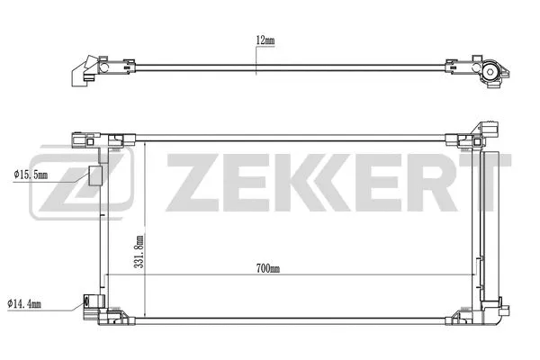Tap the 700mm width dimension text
[x=268, y=268]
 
